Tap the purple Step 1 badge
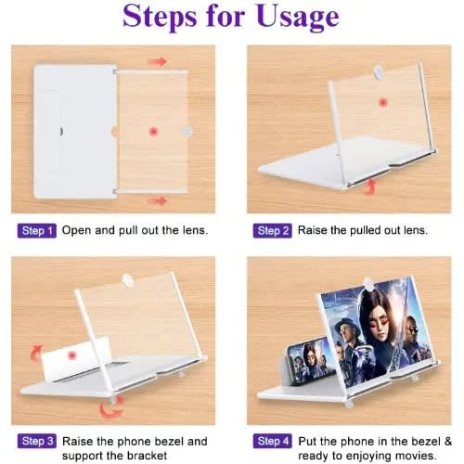click(37, 231)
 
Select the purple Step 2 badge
click(273, 231)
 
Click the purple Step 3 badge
click(37, 441)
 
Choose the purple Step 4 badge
click(273, 441)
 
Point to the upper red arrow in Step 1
click(157, 61)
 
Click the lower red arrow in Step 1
click(158, 201)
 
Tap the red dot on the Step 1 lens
click(153, 132)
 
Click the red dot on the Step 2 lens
click(383, 102)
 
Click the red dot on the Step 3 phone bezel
click(71, 355)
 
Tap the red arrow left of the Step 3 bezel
click(36, 354)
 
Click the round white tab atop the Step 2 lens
click(378, 71)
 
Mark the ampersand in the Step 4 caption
click(447, 442)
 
